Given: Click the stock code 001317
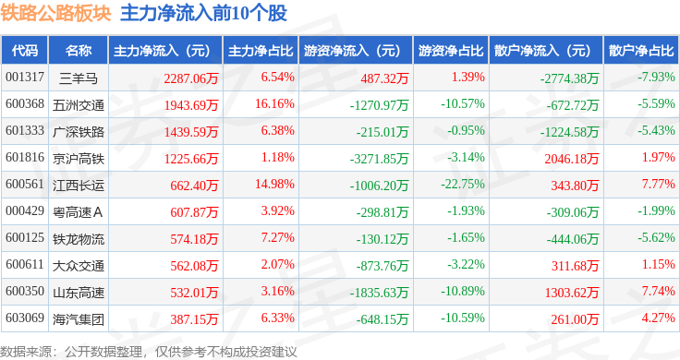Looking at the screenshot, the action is [x=25, y=78].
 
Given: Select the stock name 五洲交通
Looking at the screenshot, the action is [x=79, y=105].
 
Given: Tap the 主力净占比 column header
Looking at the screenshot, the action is [x=261, y=51].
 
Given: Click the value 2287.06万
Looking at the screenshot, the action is [x=191, y=78].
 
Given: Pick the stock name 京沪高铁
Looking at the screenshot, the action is [x=79, y=159].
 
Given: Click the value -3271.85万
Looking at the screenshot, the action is [x=379, y=159].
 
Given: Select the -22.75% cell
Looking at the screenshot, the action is [x=463, y=184].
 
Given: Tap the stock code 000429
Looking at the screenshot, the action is [x=25, y=211].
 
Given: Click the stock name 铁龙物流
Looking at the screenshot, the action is [x=79, y=239].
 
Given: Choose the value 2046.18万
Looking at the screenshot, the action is [x=572, y=159].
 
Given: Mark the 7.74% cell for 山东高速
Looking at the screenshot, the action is [x=659, y=291].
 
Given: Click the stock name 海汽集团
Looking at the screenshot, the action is [x=79, y=319].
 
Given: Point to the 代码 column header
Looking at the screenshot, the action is [x=25, y=51].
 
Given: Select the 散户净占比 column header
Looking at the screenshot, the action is [x=641, y=51].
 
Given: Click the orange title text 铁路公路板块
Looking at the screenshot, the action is [x=55, y=13].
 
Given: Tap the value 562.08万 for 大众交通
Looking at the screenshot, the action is [x=194, y=266].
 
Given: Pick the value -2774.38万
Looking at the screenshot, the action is [x=569, y=78].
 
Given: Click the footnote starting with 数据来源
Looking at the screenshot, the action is [x=149, y=352].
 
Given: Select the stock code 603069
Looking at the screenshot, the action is [x=25, y=318].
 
